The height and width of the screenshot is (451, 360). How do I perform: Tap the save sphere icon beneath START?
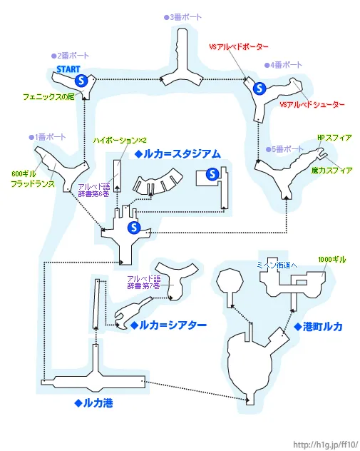(81, 80)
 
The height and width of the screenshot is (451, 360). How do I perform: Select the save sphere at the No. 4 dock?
(259, 88)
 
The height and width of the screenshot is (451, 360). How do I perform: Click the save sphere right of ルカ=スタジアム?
(212, 174)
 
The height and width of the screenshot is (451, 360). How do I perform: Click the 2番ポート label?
(70, 55)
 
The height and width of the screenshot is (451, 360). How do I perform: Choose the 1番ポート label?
(47, 136)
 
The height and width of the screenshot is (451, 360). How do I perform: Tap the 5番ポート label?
(286, 148)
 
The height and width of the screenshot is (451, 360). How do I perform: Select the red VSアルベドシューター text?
(312, 105)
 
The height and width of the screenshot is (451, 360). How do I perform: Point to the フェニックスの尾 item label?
(48, 96)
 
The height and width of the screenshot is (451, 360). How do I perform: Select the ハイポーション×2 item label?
(120, 140)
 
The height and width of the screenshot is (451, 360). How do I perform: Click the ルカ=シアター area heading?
(169, 325)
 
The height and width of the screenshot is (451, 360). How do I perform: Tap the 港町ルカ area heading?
(318, 326)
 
